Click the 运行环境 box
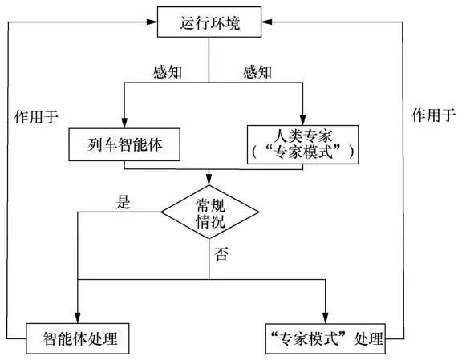[209, 22]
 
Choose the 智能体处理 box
[78, 338]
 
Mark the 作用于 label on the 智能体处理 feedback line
[37, 115]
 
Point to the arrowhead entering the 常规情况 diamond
[209, 180]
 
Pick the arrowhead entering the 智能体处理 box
[79, 319]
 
